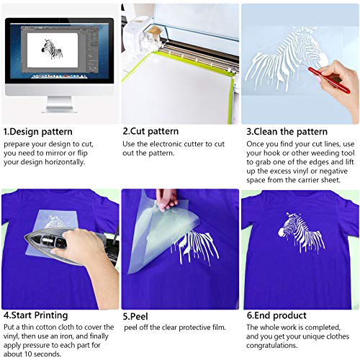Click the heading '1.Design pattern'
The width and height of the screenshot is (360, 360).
click(x=37, y=132)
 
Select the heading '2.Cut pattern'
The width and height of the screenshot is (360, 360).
click(x=150, y=132)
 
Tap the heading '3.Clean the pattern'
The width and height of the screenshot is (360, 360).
click(x=287, y=132)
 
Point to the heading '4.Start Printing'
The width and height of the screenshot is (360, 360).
click(x=35, y=315)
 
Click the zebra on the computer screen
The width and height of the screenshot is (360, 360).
click(x=53, y=48)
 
